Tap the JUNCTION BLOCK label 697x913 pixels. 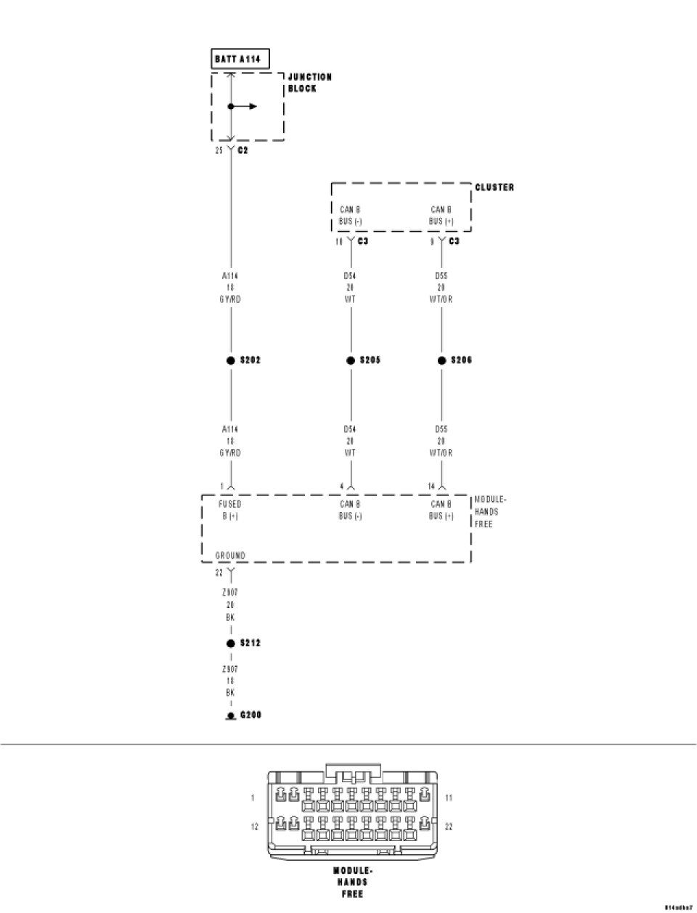(x=309, y=82)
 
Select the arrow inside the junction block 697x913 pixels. (x=247, y=106)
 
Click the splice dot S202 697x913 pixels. (x=231, y=360)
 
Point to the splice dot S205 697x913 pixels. (x=351, y=360)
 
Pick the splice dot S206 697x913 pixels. (x=441, y=360)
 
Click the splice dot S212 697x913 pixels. (x=231, y=644)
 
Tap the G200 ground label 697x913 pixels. (x=250, y=715)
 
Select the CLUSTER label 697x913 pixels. (x=494, y=187)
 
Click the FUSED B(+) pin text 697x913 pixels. (x=230, y=510)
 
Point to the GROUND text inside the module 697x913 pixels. (x=230, y=556)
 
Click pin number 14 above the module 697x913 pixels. (x=431, y=487)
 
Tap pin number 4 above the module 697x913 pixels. (x=342, y=487)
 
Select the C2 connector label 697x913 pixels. (x=243, y=150)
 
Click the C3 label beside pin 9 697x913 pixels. (x=454, y=240)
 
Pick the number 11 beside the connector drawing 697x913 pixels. (x=449, y=798)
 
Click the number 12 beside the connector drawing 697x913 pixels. (x=255, y=827)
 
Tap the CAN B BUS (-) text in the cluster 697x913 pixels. (x=350, y=215)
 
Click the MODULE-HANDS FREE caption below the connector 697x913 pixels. (x=353, y=882)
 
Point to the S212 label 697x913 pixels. (x=250, y=644)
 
